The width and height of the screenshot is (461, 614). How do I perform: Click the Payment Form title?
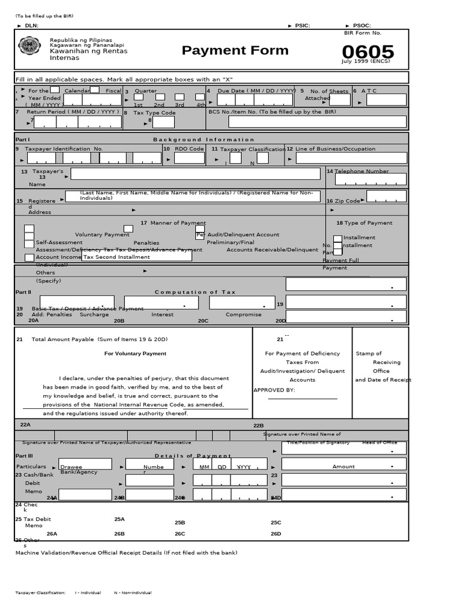[x=235, y=50]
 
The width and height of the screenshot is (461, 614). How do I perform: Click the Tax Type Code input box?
[x=163, y=122]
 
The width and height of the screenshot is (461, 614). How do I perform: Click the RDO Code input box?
[x=189, y=158]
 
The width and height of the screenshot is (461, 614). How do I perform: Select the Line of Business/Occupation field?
[x=351, y=158]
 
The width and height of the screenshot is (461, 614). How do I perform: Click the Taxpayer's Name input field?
[x=195, y=174]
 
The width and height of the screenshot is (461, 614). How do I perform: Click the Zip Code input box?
[x=386, y=197]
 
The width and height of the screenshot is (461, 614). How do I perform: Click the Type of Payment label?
[x=364, y=223]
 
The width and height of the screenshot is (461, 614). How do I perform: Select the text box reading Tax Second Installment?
[x=137, y=256]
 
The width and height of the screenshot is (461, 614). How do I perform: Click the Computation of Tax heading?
[x=195, y=292]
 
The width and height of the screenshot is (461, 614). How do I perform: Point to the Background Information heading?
[x=203, y=139]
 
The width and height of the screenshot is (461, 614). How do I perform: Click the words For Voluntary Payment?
[x=135, y=354]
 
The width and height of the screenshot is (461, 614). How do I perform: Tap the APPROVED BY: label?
[x=274, y=390]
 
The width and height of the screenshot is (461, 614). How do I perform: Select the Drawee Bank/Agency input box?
[x=85, y=464]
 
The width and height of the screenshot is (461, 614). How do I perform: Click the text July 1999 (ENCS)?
[x=366, y=61]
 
